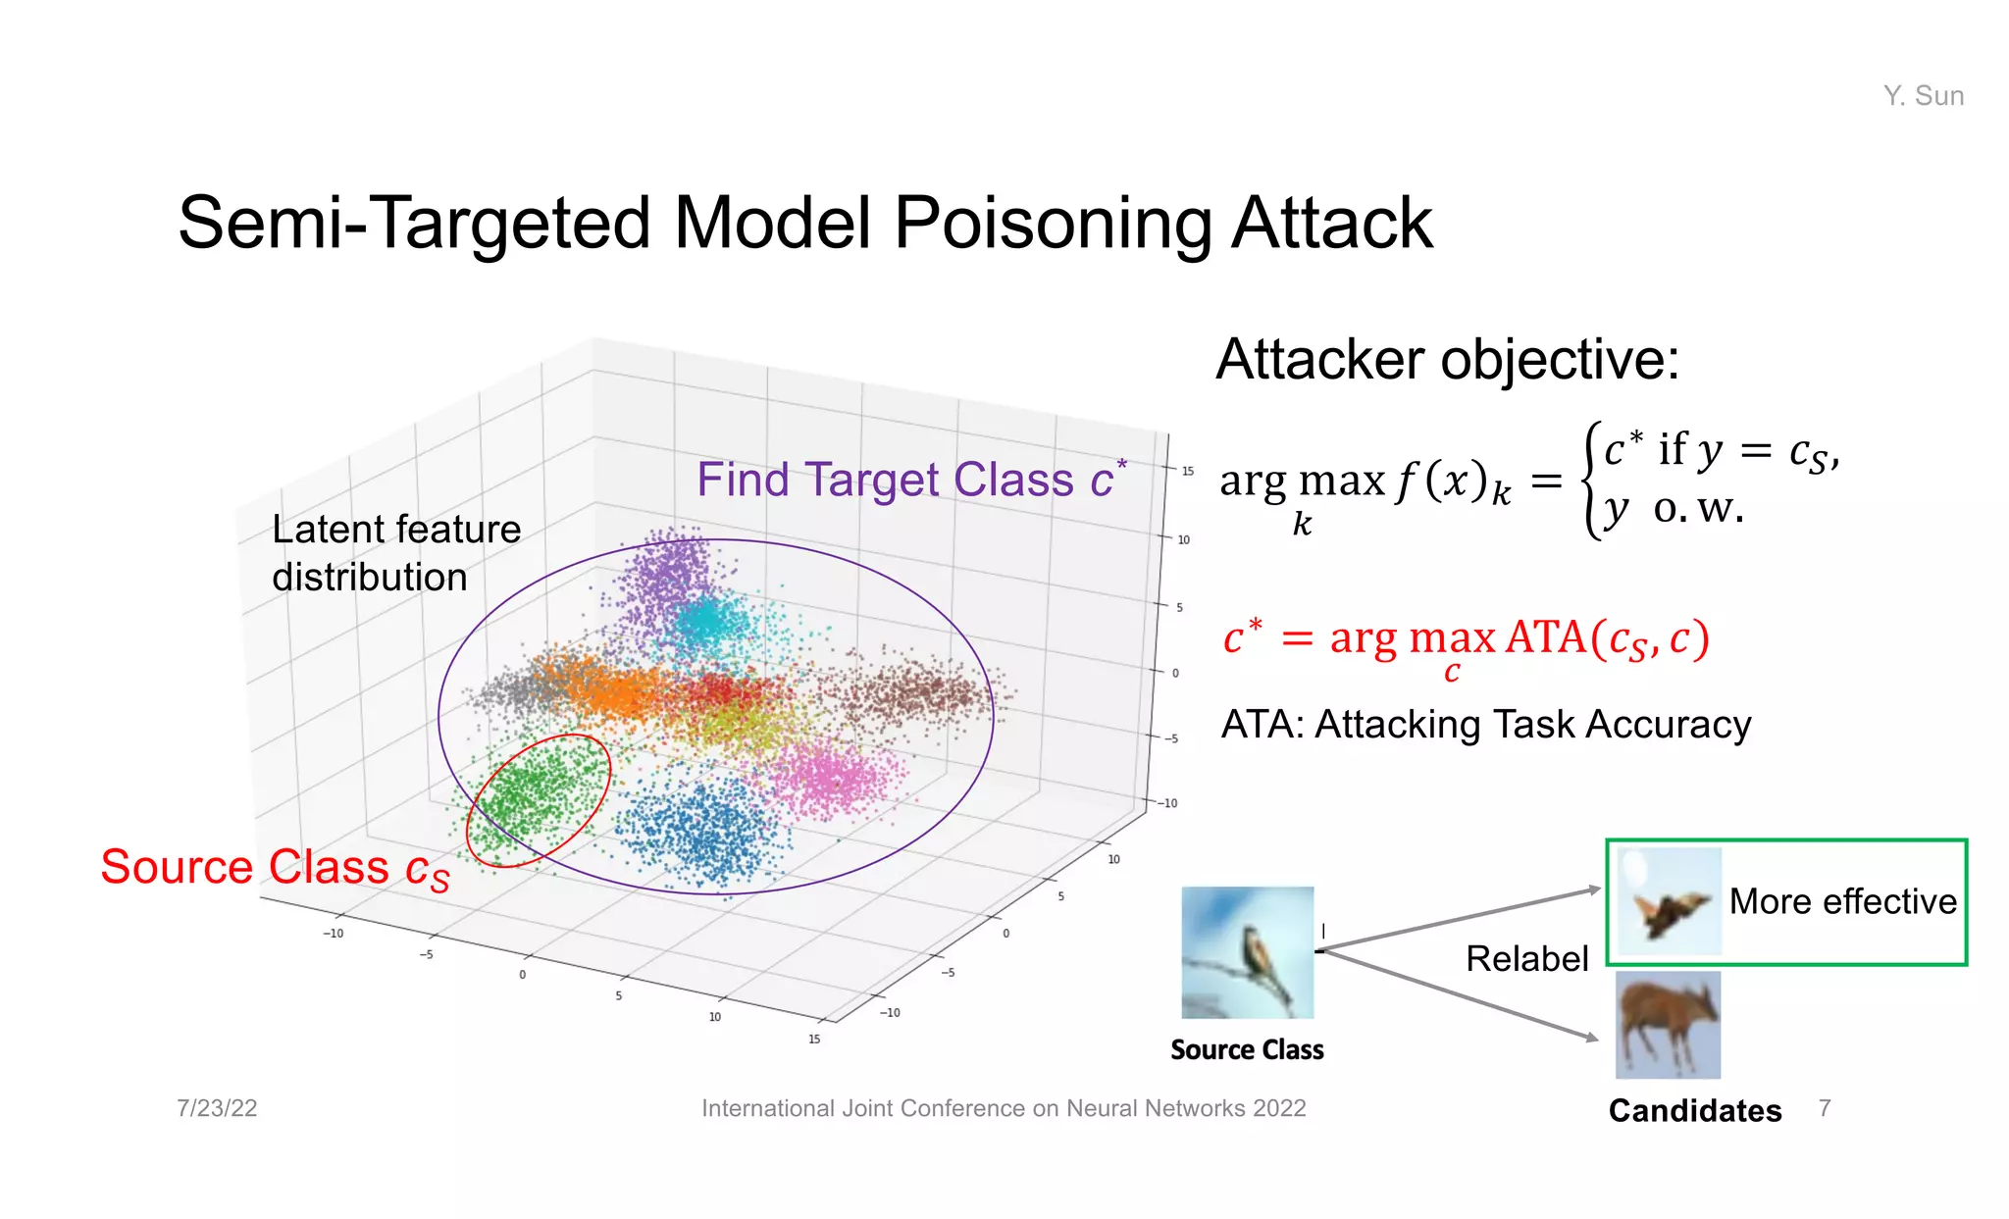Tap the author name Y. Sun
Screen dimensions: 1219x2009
(1923, 96)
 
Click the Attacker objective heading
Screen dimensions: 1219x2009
(1447, 359)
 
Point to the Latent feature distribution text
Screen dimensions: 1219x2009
(395, 553)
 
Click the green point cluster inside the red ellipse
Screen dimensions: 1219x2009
(538, 792)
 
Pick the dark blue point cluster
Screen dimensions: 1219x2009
(701, 829)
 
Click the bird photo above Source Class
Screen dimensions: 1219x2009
(1247, 952)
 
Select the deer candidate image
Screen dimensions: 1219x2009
(1668, 1025)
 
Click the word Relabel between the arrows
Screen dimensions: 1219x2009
(1526, 958)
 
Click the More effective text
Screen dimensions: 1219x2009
(1842, 901)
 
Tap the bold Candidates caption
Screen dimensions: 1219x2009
(1694, 1110)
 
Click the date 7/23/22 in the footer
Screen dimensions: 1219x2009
(217, 1108)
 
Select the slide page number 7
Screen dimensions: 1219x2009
(1824, 1108)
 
